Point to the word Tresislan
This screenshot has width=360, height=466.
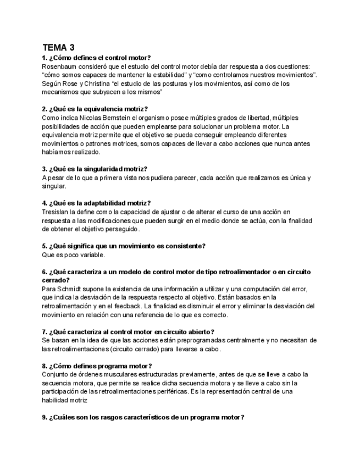pos(57,212)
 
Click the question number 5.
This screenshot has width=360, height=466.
pos(44,246)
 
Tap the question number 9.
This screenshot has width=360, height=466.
pos(44,418)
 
